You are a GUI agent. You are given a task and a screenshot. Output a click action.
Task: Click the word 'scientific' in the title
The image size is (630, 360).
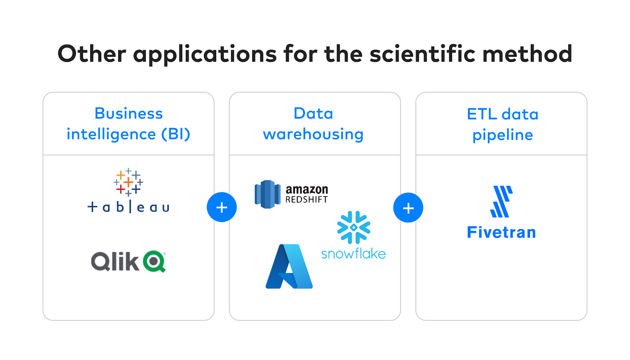tap(422, 54)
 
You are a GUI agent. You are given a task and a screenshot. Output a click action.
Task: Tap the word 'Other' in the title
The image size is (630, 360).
tap(92, 54)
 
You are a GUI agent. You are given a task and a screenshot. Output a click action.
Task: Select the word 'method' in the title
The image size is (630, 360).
tap(527, 54)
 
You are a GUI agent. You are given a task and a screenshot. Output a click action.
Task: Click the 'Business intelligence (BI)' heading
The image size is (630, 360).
tap(128, 124)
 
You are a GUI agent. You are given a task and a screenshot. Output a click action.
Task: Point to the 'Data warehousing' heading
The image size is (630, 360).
tap(313, 124)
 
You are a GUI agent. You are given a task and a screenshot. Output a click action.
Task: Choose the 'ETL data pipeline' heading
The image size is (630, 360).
tap(502, 124)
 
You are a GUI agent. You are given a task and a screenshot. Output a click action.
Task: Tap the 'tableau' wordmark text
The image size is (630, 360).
tap(128, 207)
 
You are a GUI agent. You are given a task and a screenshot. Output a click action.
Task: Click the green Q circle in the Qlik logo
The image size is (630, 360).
tap(154, 261)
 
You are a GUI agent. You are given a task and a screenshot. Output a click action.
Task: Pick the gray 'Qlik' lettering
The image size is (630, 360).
tap(115, 261)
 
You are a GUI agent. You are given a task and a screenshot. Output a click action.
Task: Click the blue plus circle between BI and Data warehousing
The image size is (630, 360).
tap(222, 207)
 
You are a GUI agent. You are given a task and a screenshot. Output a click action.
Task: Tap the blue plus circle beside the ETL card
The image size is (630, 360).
tap(408, 208)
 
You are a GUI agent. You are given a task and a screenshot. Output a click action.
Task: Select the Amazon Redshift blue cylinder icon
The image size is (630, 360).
tap(267, 194)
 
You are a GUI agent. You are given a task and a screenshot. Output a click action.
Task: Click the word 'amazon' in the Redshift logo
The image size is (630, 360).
tap(307, 189)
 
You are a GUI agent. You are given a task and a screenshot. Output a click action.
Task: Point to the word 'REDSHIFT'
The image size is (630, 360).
tap(307, 199)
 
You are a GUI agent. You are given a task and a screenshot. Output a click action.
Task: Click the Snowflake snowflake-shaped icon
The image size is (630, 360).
tap(354, 227)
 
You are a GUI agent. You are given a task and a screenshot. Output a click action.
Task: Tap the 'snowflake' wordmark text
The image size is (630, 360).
tap(354, 254)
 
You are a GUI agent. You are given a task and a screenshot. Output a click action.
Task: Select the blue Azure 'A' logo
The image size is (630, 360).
tap(289, 266)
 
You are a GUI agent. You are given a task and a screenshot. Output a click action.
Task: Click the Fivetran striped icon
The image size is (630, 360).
tap(502, 201)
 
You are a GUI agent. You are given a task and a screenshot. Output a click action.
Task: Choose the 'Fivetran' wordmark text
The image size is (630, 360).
tap(502, 232)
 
